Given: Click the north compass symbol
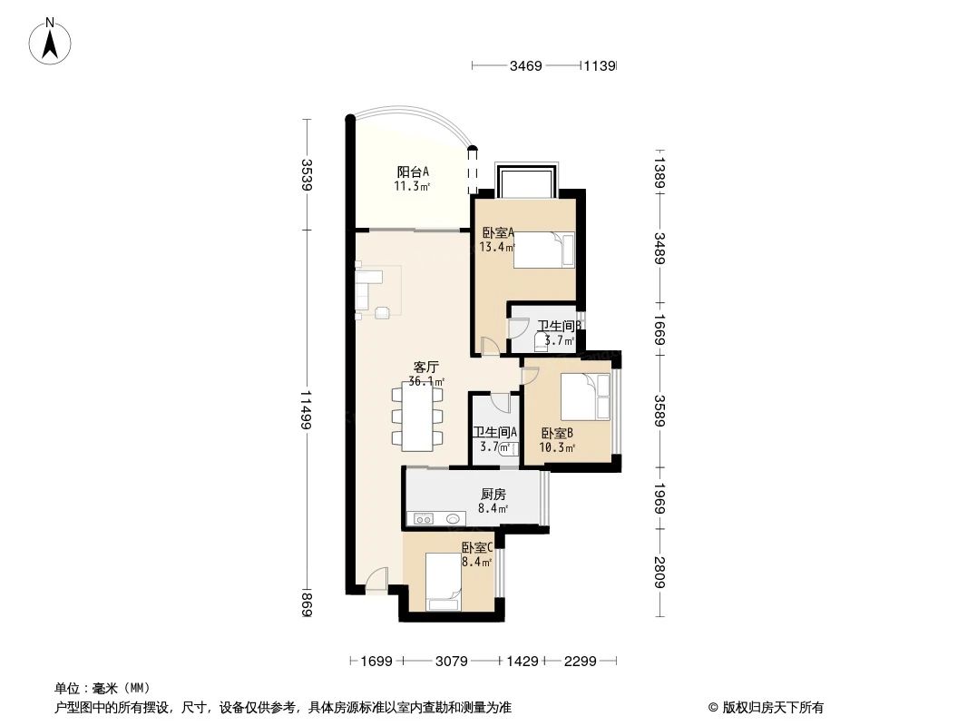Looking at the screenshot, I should [x=54, y=40].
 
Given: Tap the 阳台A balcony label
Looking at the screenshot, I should [x=412, y=172].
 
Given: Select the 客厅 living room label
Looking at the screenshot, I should [x=425, y=368].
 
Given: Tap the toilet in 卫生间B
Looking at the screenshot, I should [x=542, y=341].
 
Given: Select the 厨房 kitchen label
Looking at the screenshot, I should [x=493, y=495].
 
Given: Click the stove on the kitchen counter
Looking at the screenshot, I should [x=424, y=519].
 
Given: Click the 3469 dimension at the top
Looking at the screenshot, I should [x=525, y=65].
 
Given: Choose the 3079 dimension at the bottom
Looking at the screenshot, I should [x=451, y=662].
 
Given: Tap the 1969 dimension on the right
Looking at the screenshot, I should [x=659, y=497].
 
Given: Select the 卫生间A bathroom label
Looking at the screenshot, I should [x=494, y=433].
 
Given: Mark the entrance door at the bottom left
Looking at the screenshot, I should [x=377, y=581].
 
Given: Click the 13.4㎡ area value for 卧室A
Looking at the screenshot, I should [x=498, y=247].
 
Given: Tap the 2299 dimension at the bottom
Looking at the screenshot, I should [x=580, y=662].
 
